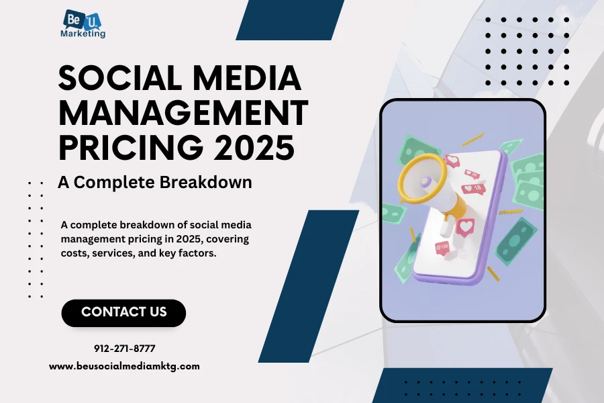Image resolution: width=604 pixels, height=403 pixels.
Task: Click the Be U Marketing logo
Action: point(83,24)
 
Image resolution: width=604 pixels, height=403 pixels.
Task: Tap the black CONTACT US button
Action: point(123,313)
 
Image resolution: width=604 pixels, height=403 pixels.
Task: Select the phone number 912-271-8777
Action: point(124,349)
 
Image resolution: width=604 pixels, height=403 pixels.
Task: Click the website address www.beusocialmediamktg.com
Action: point(124,366)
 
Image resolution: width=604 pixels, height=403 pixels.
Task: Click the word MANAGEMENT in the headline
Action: point(183,112)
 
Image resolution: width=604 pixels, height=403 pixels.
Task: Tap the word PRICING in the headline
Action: point(131,147)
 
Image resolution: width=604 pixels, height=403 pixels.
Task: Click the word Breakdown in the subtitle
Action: point(206,182)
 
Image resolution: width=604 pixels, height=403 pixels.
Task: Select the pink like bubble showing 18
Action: point(473,188)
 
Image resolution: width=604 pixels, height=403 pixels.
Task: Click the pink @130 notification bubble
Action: point(442,247)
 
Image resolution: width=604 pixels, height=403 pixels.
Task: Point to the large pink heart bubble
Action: point(465,227)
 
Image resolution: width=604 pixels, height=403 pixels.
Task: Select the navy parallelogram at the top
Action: point(290,19)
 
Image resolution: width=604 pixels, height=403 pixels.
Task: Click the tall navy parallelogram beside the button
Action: point(309,286)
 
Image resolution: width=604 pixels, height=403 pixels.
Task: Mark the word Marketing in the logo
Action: point(83,34)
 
